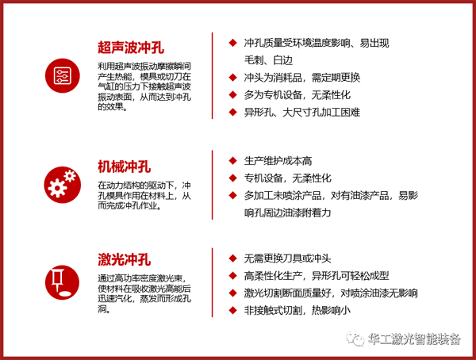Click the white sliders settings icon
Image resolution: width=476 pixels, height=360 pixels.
[x=63, y=75]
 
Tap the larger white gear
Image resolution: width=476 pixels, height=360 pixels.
[x=56, y=188]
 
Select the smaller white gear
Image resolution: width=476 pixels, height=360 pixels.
[x=70, y=176]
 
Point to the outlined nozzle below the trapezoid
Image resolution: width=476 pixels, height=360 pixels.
[x=57, y=278]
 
